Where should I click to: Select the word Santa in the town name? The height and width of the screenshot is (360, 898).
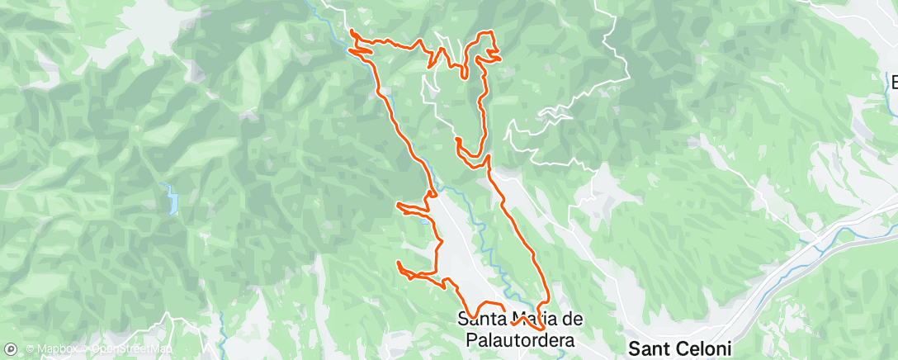pyautogui.click(x=482, y=319)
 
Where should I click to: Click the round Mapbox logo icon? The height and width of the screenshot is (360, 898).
pyautogui.click(x=10, y=349)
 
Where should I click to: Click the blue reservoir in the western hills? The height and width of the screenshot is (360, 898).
pyautogui.click(x=173, y=200)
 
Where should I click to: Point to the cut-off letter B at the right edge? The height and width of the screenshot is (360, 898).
pyautogui.click(x=893, y=82)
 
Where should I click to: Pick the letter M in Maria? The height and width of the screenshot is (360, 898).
pyautogui.click(x=523, y=319)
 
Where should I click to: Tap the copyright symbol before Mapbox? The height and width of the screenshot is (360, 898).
pyautogui.click(x=31, y=349)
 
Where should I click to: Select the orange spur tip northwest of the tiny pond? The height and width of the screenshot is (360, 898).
pyautogui.click(x=399, y=204)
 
